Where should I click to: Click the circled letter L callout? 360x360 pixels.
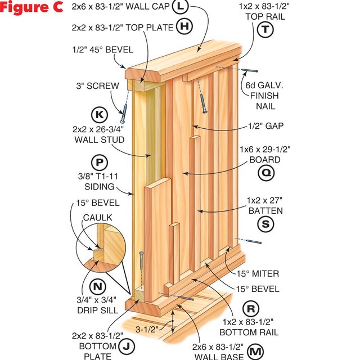(x=181, y=6)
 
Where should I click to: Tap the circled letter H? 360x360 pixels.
(x=184, y=26)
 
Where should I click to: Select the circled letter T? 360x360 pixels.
(x=265, y=29)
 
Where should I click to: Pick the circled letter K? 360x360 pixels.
(x=100, y=115)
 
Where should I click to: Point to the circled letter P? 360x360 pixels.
(x=100, y=163)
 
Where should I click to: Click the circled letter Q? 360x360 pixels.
(x=266, y=173)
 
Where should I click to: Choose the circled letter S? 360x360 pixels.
(x=265, y=224)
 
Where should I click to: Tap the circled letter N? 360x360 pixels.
(x=97, y=286)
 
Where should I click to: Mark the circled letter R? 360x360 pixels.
(x=251, y=309)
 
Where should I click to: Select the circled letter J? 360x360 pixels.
(x=127, y=346)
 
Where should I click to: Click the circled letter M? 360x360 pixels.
(x=255, y=352)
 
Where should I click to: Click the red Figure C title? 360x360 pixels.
(x=31, y=7)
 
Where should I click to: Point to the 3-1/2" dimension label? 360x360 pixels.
(x=147, y=330)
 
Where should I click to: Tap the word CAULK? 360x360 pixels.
(x=97, y=218)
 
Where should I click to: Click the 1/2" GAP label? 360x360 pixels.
(x=266, y=126)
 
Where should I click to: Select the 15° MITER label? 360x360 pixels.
(x=258, y=274)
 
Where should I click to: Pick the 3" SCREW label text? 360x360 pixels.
(x=97, y=86)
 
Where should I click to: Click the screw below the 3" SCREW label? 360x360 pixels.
(x=124, y=114)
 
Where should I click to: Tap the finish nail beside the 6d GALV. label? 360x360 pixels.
(x=249, y=70)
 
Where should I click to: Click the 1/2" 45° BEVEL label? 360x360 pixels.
(x=102, y=49)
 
